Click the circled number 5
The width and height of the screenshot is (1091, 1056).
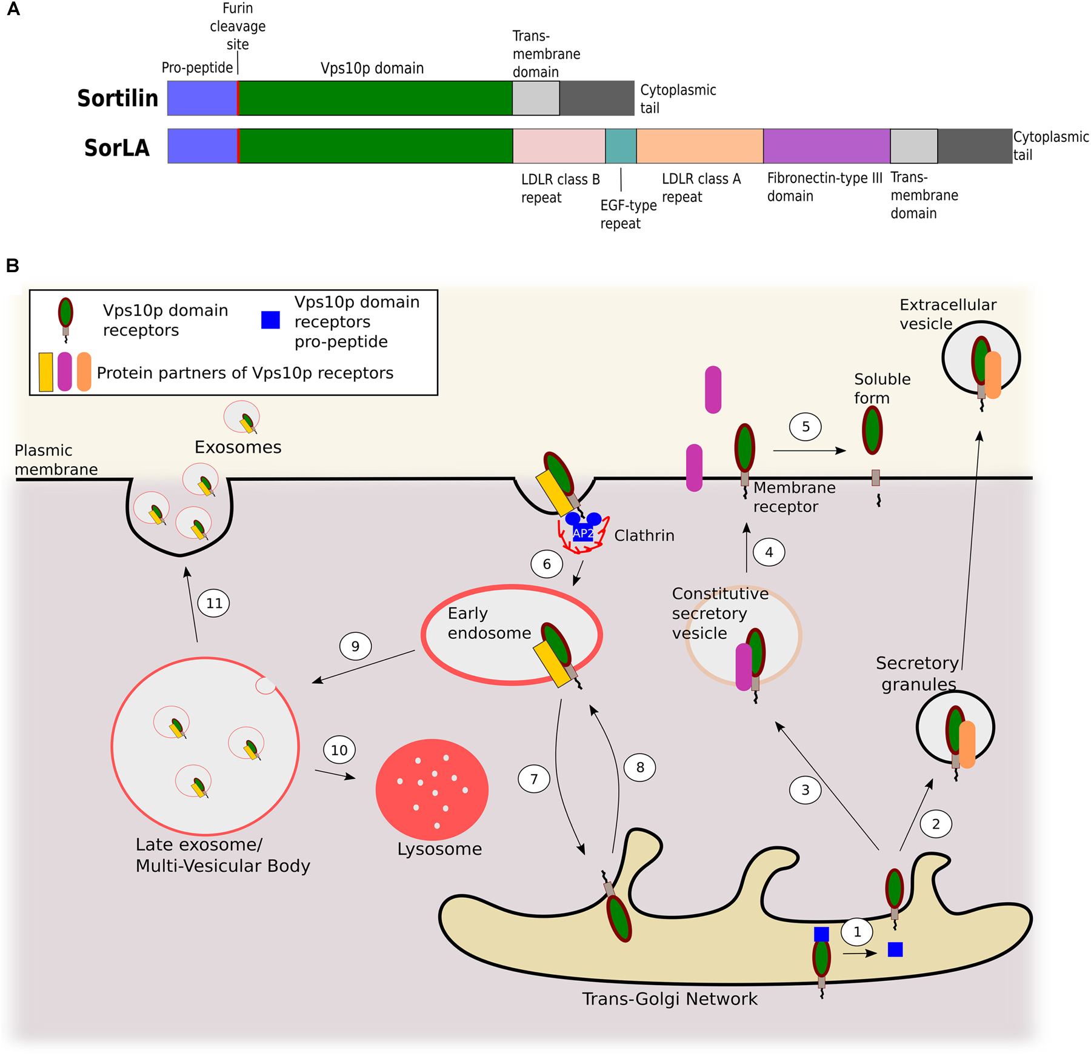click(805, 427)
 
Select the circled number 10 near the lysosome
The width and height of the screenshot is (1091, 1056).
click(339, 750)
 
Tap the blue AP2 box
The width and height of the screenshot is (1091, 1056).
click(582, 533)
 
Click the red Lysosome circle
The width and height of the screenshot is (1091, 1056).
click(432, 789)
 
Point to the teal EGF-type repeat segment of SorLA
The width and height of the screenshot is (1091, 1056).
click(621, 146)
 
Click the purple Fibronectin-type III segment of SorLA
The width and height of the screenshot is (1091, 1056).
click(826, 146)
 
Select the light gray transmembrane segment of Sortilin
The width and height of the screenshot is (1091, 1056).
click(536, 98)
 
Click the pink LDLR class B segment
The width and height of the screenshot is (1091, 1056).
click(559, 146)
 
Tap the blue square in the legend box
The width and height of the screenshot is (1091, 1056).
click(270, 319)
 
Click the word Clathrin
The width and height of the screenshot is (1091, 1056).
click(644, 535)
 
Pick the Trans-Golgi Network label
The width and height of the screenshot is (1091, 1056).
click(669, 998)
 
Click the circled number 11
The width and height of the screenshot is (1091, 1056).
click(214, 603)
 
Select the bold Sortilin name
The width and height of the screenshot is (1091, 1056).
click(118, 98)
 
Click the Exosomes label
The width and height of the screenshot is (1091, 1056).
click(238, 447)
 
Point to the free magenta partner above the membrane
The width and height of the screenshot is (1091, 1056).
click(713, 390)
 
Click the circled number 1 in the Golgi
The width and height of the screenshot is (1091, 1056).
click(856, 932)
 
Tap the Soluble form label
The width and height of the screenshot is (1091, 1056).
click(881, 388)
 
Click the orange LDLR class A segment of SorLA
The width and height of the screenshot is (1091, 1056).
click(699, 146)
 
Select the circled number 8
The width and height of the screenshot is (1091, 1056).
click(639, 767)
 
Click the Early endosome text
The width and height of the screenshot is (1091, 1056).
click(489, 623)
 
